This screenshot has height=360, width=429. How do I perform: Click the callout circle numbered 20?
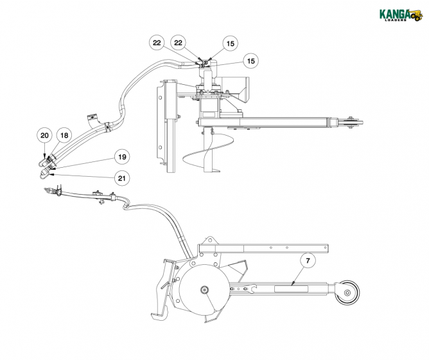[44, 136]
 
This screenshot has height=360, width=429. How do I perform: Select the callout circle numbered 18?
[64, 136]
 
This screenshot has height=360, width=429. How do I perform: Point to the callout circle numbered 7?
[308, 261]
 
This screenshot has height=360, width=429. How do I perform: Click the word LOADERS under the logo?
[392, 21]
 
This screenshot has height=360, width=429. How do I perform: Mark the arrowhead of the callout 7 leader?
[292, 284]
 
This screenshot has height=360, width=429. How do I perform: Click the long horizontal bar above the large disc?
[263, 248]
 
